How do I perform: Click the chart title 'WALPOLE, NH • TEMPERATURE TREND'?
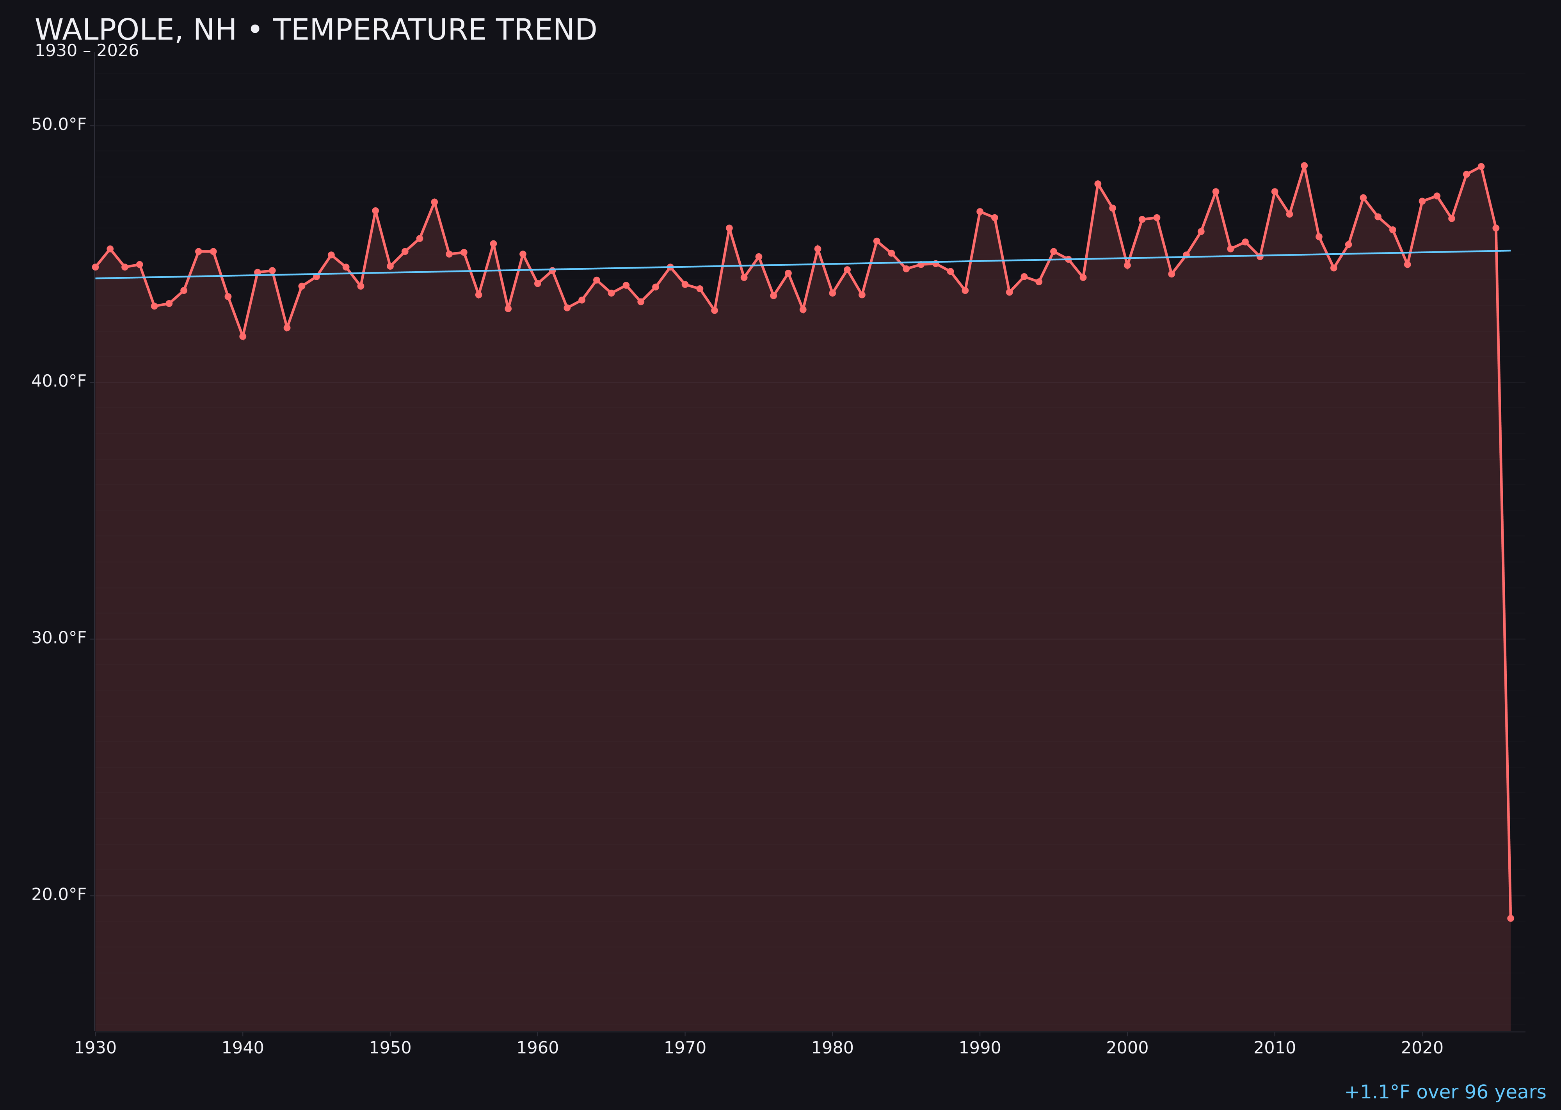316,30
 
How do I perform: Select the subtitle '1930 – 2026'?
87,51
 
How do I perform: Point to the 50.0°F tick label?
59,125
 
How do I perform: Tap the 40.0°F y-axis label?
59,381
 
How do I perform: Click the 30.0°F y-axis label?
59,638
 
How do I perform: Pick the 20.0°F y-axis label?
59,894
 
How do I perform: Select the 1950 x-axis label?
390,1048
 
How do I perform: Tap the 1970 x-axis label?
685,1048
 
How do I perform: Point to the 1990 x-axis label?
980,1048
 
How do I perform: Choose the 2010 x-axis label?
1275,1048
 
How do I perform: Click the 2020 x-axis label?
1422,1048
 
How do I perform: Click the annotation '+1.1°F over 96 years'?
1445,1092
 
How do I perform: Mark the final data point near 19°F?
1510,918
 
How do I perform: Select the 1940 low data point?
243,336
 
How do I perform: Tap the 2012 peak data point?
1304,165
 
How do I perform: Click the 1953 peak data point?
434,202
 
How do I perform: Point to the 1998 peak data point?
1098,184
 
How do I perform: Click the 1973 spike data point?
729,228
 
